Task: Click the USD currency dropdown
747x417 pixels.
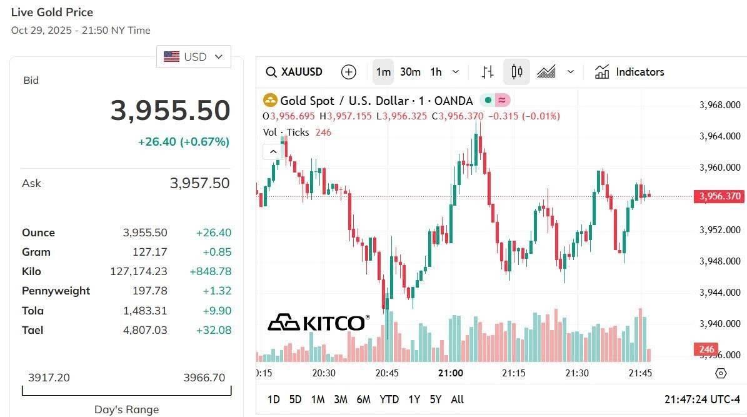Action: point(193,56)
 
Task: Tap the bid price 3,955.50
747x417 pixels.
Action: point(170,111)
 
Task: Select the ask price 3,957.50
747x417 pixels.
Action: point(199,183)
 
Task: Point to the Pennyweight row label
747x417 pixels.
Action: point(56,291)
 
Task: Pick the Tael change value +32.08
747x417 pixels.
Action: point(213,330)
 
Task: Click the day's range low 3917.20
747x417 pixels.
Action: point(49,378)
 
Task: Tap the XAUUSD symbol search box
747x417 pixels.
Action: point(294,72)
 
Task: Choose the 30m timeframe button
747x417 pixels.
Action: point(410,72)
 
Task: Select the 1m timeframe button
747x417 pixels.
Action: point(383,72)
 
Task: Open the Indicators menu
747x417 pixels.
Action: point(629,72)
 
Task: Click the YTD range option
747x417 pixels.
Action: point(389,399)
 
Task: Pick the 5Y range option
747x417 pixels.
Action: point(436,399)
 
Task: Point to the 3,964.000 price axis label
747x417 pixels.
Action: point(719,136)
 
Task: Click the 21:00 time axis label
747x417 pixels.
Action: point(451,373)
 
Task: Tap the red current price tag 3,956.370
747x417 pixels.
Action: point(719,196)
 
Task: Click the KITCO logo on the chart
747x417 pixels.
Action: point(318,323)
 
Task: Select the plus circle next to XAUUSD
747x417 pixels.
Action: point(349,72)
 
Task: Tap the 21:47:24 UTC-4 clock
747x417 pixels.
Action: point(701,399)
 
